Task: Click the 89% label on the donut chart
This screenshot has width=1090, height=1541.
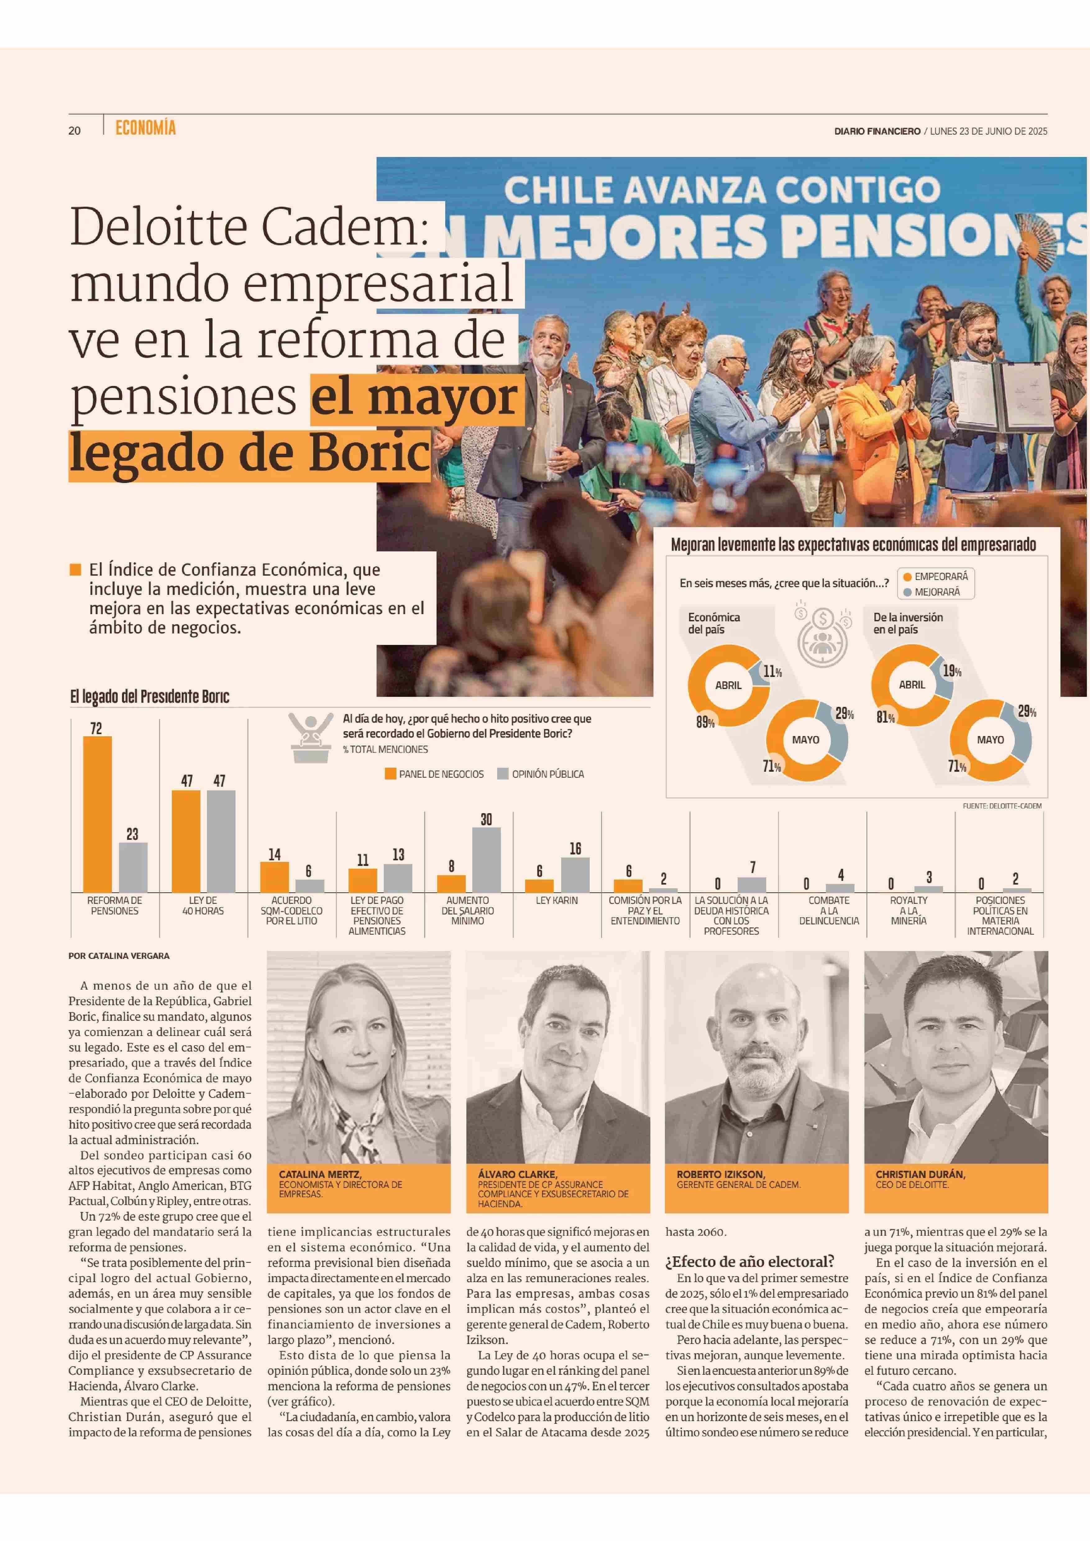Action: click(705, 723)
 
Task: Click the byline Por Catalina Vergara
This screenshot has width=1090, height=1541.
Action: click(119, 955)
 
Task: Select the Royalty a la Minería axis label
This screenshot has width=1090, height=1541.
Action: click(909, 910)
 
